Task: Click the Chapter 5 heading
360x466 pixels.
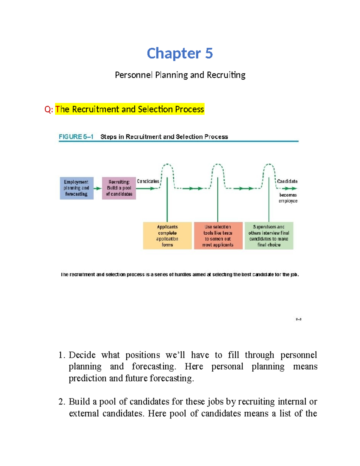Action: [x=180, y=53]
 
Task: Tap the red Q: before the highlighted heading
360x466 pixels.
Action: [x=49, y=109]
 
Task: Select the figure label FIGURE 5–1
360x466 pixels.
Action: [x=76, y=137]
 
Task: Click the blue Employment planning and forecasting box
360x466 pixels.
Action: [x=76, y=188]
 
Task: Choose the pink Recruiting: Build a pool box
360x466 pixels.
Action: [x=119, y=188]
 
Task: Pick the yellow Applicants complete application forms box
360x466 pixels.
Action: [x=167, y=236]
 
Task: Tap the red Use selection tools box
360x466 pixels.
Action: [x=218, y=236]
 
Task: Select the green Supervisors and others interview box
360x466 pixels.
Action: [x=269, y=236]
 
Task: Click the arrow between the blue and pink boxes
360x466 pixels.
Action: [x=97, y=188]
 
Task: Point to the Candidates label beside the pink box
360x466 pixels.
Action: [x=148, y=181]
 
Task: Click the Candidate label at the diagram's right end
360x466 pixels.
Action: [x=287, y=181]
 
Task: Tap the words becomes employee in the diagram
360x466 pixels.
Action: [x=288, y=198]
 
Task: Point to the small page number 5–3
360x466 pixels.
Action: [x=298, y=319]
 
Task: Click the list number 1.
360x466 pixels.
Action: [x=61, y=355]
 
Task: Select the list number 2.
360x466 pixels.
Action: [x=61, y=402]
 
